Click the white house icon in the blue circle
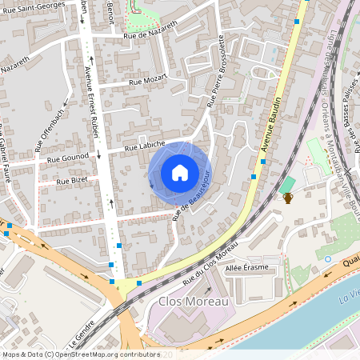pyautogui.click(x=179, y=172)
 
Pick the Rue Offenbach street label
pyautogui.click(x=48, y=129)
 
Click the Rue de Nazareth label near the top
pyautogui.click(x=150, y=35)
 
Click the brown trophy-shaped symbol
pyautogui.click(x=288, y=197)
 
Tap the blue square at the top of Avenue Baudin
pyautogui.click(x=297, y=22)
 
